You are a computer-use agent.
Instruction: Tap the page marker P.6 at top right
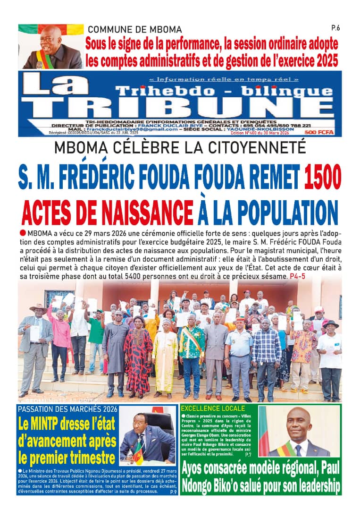tap(335, 28)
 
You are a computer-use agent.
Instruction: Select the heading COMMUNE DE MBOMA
tap(134, 30)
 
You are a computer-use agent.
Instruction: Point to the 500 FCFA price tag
tap(319, 133)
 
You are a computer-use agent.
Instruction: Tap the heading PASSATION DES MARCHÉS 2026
tap(67, 409)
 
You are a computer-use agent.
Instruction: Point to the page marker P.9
tap(173, 492)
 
